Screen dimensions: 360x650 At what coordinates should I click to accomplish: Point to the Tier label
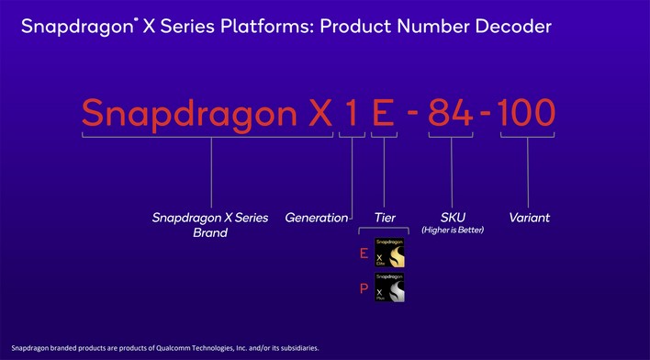[x=385, y=218]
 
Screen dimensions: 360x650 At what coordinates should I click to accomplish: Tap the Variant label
[x=529, y=218]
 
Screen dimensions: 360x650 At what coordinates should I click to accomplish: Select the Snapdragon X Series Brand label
[x=210, y=225]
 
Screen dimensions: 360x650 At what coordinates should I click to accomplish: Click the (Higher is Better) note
[x=452, y=230]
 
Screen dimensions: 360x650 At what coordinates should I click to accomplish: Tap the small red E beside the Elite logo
[x=366, y=253]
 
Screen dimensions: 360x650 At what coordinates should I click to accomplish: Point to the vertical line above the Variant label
[x=529, y=174]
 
